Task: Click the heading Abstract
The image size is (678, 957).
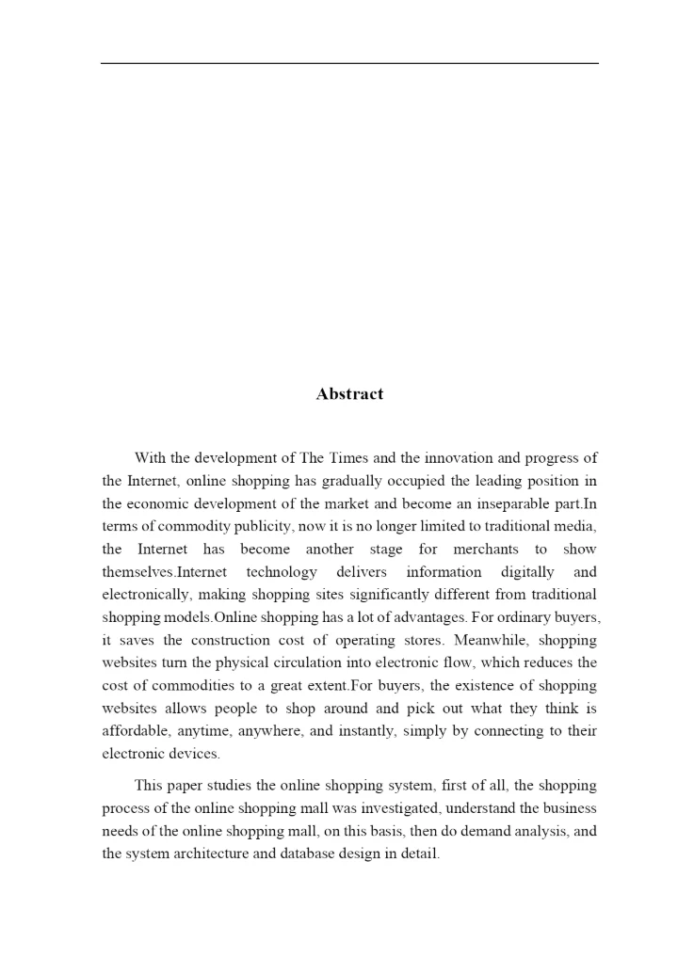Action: point(349,394)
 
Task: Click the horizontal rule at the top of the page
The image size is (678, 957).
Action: point(349,63)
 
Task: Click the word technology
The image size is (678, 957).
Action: point(282,572)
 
